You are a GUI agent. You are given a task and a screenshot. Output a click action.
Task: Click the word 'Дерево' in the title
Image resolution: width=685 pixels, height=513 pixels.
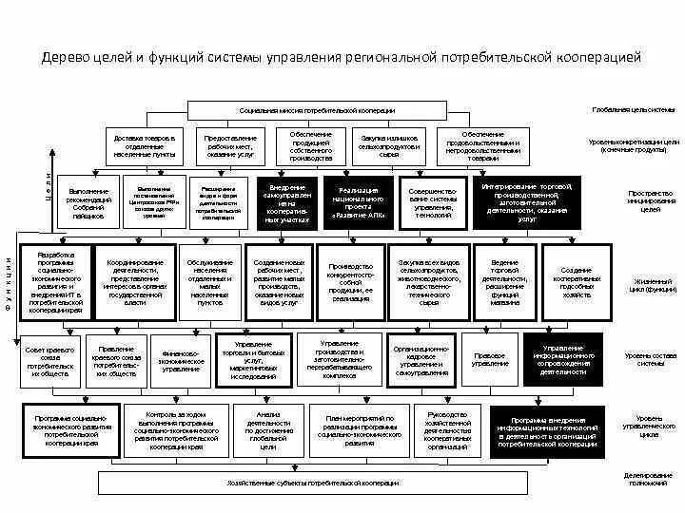64,59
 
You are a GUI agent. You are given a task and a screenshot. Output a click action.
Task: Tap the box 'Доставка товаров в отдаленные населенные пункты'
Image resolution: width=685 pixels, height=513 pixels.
145,144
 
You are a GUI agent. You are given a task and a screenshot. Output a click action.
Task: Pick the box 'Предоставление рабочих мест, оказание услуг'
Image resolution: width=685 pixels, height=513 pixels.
229,144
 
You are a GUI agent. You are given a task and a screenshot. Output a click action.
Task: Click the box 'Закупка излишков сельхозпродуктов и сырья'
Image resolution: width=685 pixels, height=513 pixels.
388,144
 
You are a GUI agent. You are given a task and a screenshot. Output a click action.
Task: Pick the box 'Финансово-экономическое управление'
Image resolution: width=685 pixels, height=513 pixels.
181,362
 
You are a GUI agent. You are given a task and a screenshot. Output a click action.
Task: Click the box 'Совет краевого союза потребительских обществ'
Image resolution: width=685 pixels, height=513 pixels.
49,362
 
